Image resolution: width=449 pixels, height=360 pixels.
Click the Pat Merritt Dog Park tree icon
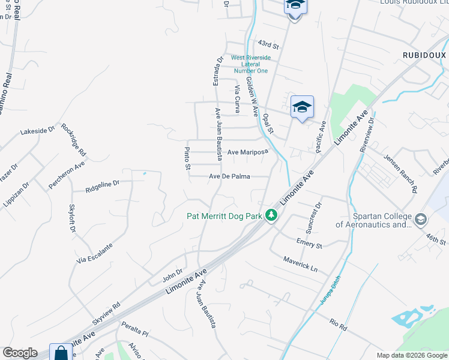pyautogui.click(x=272, y=215)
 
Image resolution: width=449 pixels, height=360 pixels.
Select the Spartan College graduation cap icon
pyautogui.click(x=420, y=220)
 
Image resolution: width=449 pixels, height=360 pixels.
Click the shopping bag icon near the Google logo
pyautogui.click(x=61, y=353)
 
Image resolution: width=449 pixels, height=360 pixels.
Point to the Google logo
pyautogui.click(x=20, y=353)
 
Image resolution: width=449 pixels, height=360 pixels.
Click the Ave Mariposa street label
pyautogui.click(x=247, y=152)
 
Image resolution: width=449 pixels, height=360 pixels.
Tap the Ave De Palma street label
pyautogui.click(x=229, y=176)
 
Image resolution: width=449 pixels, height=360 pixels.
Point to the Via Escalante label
pyautogui.click(x=94, y=254)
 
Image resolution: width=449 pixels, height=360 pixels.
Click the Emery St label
pyautogui.click(x=309, y=243)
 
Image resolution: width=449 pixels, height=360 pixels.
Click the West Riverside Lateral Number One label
pyautogui.click(x=251, y=64)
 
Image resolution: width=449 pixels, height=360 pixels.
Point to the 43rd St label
pyautogui.click(x=269, y=44)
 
